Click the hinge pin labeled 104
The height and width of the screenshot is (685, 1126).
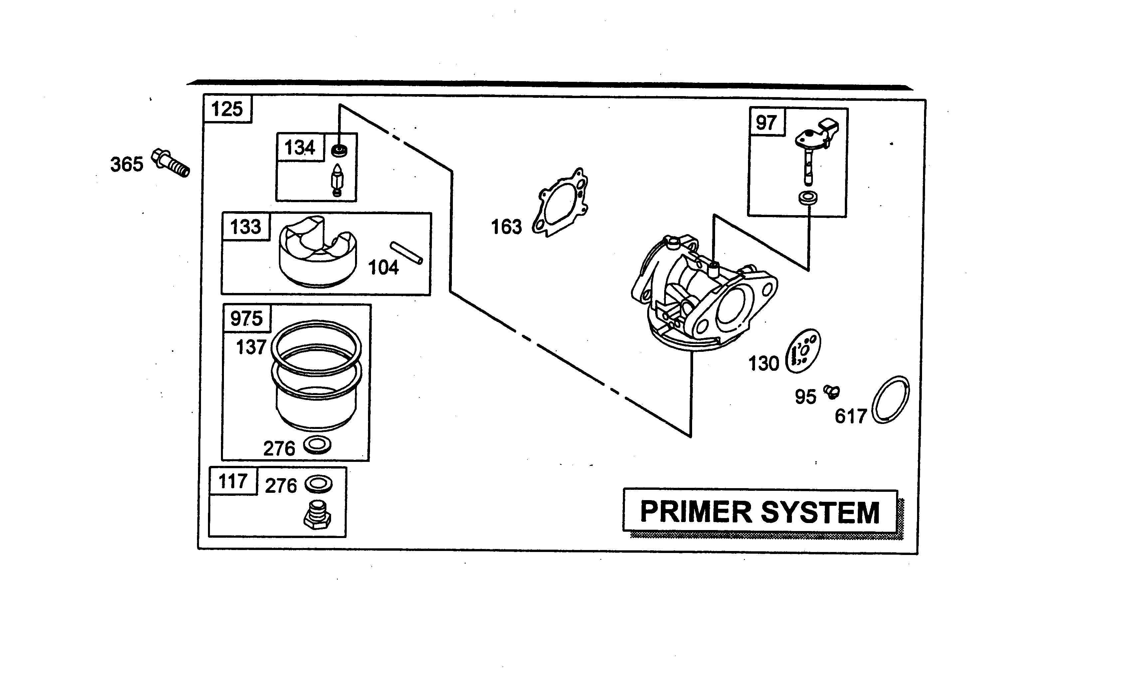(x=406, y=252)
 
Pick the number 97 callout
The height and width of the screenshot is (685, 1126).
(x=766, y=123)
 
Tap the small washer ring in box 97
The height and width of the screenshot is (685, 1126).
(x=808, y=198)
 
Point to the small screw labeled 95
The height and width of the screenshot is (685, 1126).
(x=832, y=391)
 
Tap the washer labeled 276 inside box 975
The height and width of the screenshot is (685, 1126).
(x=317, y=444)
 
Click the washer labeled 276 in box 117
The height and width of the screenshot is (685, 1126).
(x=318, y=484)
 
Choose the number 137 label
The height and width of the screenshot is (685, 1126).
(x=251, y=347)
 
